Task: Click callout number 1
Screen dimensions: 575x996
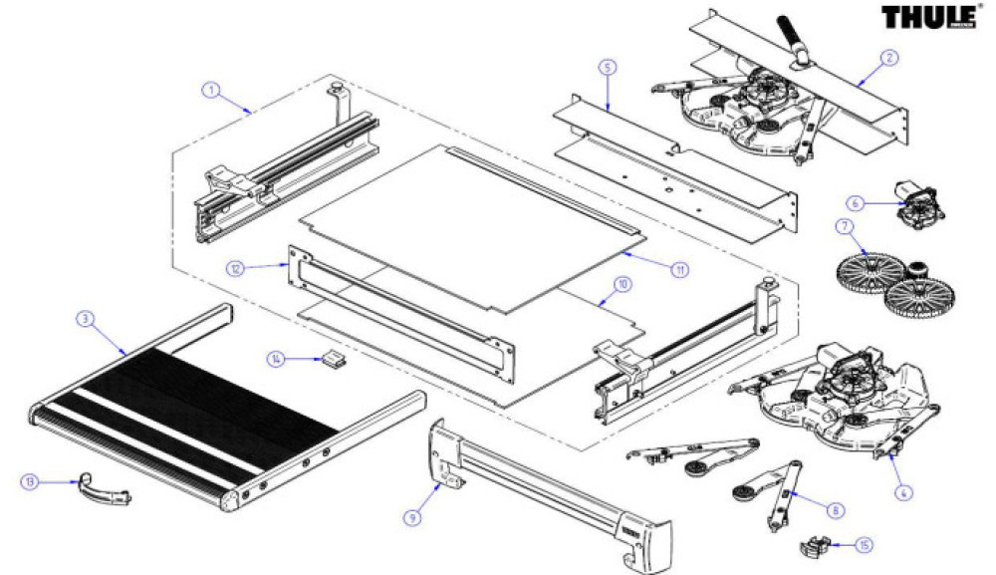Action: coord(211,90)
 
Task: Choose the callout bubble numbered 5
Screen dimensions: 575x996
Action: coord(608,67)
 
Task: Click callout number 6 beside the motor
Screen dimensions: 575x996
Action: coord(854,202)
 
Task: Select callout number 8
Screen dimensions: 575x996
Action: coord(835,509)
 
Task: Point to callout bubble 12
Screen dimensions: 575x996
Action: coord(234,268)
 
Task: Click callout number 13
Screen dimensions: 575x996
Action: coord(31,481)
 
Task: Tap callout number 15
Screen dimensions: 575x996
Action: coord(864,545)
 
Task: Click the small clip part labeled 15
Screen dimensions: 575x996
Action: coord(816,546)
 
